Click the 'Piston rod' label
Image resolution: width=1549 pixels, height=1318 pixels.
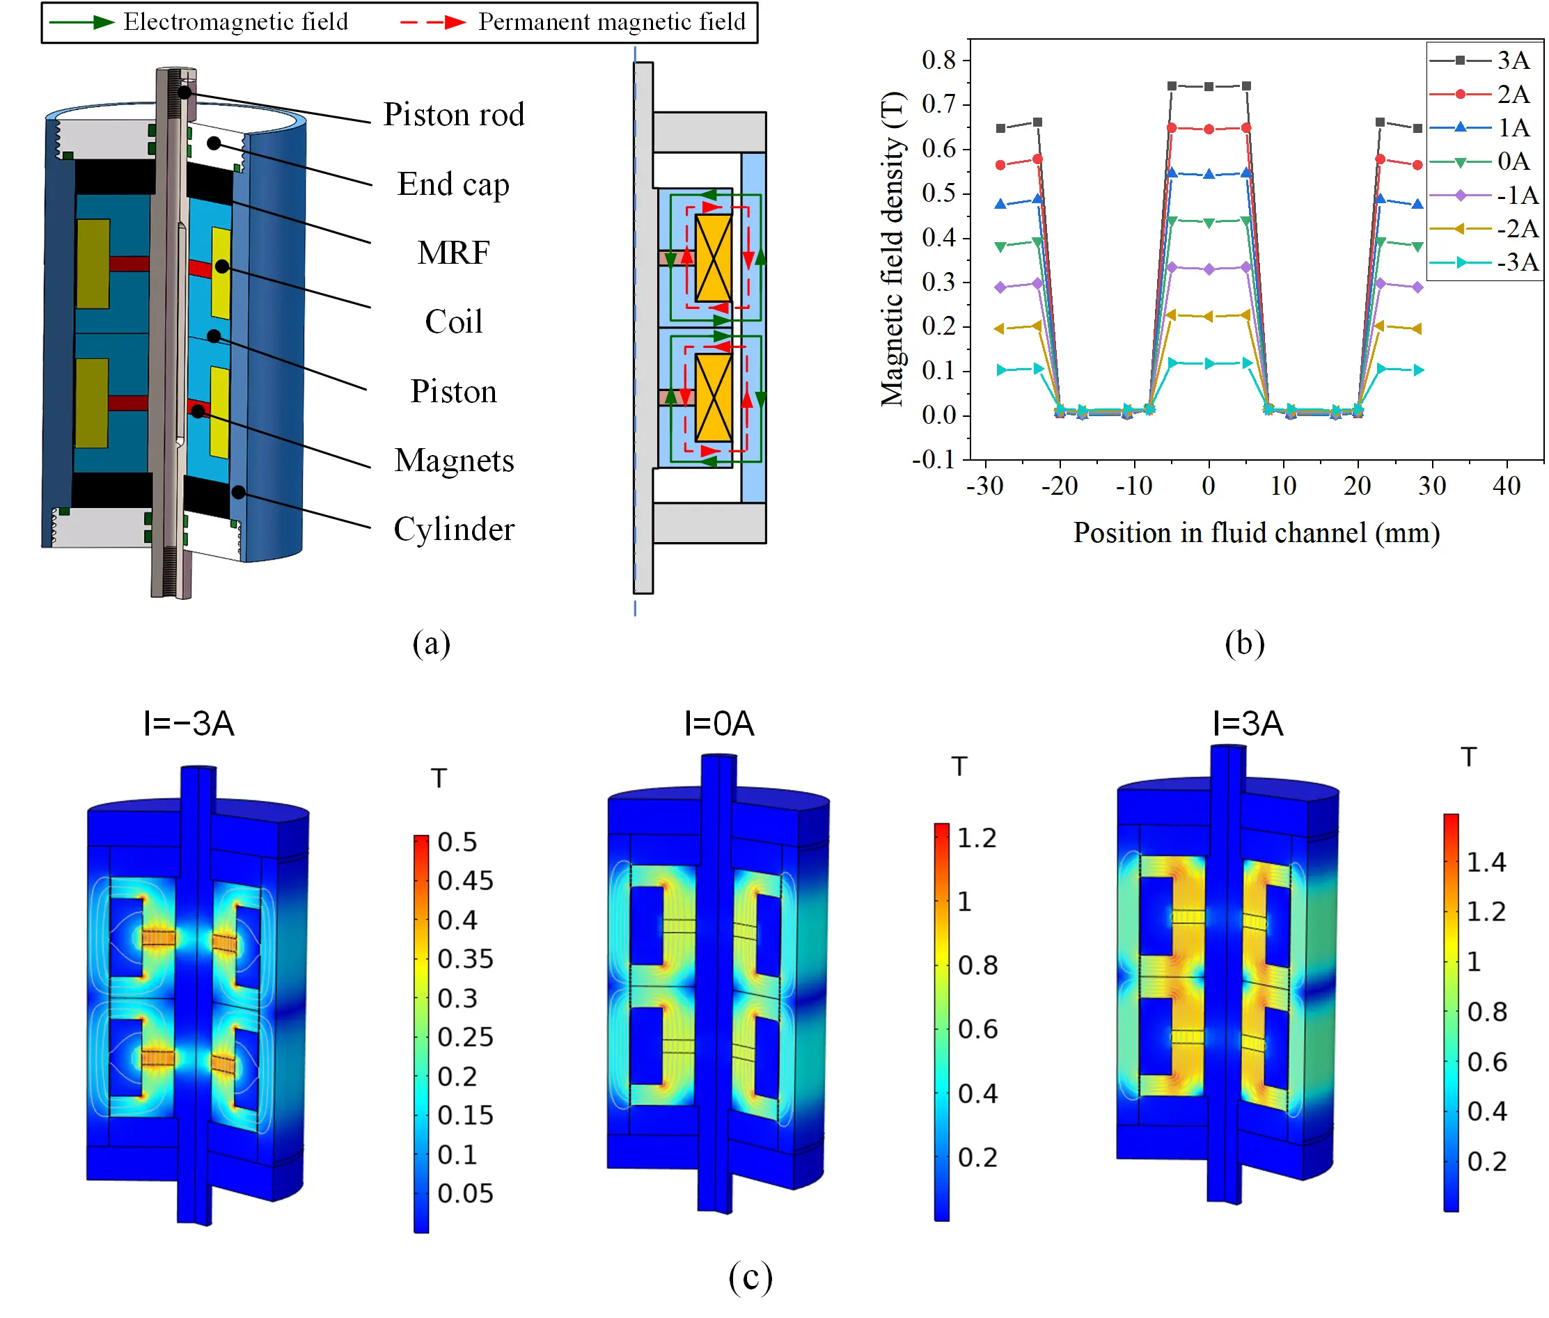[x=453, y=114]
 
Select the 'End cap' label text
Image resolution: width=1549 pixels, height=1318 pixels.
[x=453, y=184]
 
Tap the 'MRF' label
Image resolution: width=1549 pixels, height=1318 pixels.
[x=453, y=253]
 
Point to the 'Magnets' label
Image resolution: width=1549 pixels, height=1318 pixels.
[x=454, y=460]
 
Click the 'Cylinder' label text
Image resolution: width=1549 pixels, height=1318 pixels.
[x=454, y=529]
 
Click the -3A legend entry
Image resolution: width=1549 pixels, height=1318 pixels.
[x=1484, y=262]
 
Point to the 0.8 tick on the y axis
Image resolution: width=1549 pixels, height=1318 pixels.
[x=939, y=60]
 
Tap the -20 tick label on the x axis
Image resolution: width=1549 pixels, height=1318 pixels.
[x=1060, y=486]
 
